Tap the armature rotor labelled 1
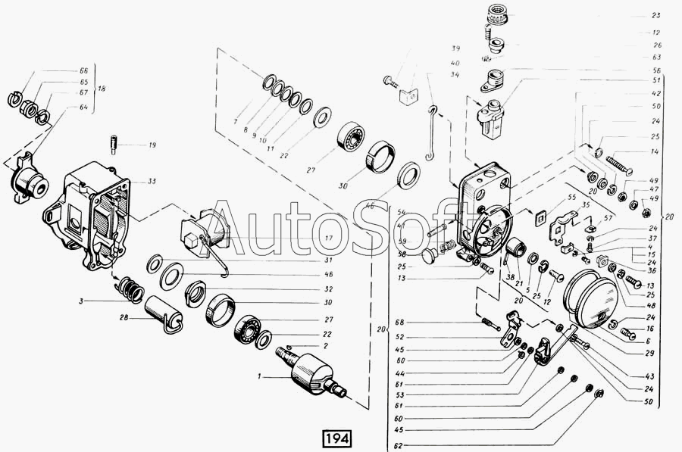tap(313, 371)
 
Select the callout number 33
tap(152, 182)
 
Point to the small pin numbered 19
tap(114, 142)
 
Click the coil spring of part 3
tap(128, 288)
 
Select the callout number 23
tap(655, 15)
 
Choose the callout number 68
tap(399, 322)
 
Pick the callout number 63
tap(655, 58)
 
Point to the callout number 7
tap(236, 120)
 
